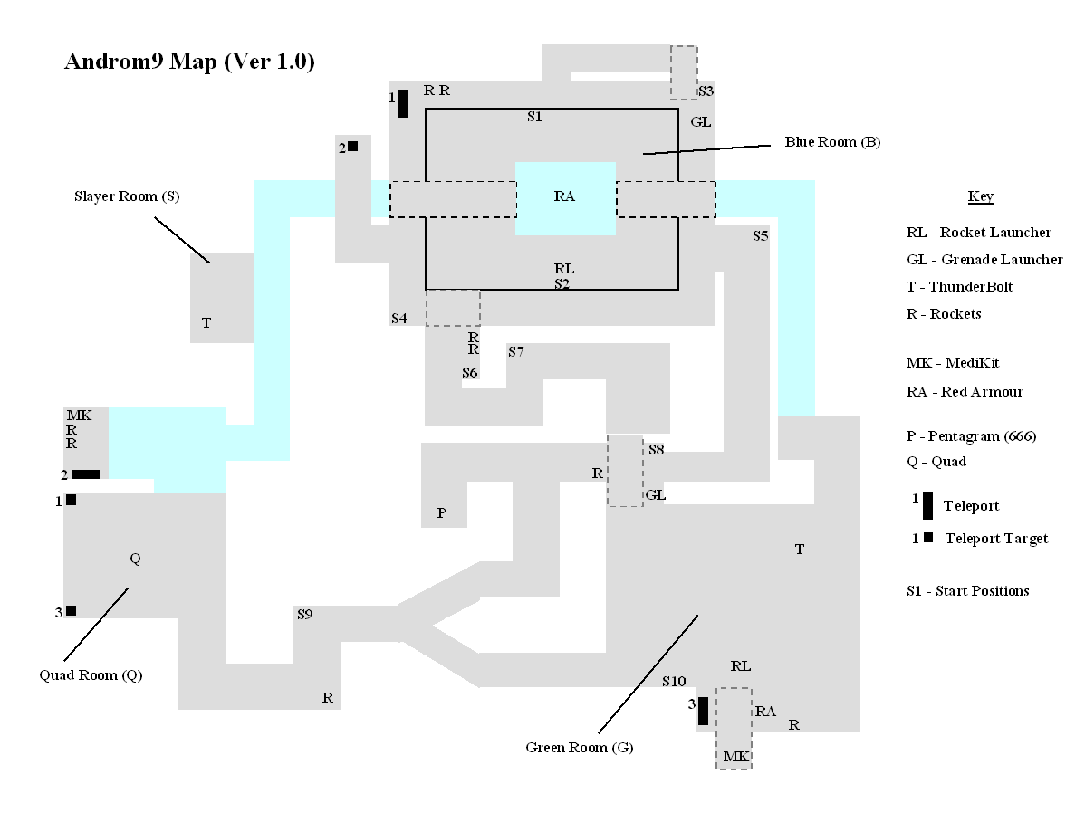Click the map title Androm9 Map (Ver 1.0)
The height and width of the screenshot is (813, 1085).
click(189, 62)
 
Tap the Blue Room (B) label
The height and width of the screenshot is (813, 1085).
click(832, 142)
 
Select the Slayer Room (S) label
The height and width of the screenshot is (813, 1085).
click(126, 196)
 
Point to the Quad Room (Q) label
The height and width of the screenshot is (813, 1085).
click(91, 675)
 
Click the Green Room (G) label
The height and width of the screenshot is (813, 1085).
click(580, 748)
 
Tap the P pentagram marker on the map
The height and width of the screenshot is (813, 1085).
click(442, 513)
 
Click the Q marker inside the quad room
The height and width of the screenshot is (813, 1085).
click(136, 559)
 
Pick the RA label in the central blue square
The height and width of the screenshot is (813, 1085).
click(564, 196)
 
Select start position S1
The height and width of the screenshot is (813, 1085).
click(534, 117)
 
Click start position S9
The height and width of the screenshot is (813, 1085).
click(304, 615)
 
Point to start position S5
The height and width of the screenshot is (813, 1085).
click(760, 236)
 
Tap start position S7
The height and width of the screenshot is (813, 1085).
click(516, 351)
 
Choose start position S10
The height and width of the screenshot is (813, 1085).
click(674, 681)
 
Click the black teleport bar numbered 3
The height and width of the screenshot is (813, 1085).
click(703, 711)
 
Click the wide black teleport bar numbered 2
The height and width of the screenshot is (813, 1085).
click(86, 474)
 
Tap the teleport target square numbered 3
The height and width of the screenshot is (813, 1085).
click(71, 610)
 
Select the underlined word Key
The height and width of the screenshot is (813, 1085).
click(981, 197)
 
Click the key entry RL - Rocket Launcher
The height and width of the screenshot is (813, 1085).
click(978, 233)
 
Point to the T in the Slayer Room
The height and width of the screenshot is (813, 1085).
click(206, 322)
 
